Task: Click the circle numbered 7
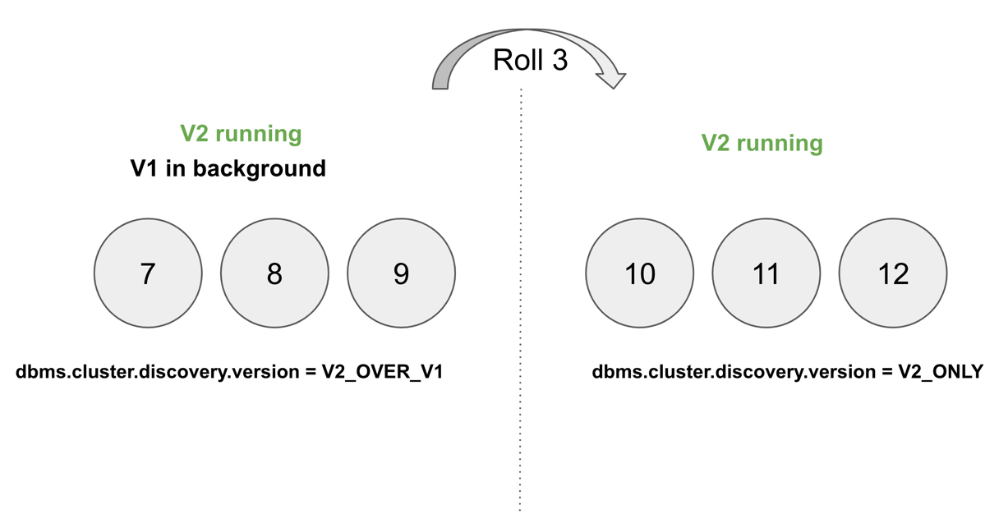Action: pos(148,273)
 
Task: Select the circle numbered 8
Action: pos(274,273)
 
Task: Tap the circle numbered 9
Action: pos(401,273)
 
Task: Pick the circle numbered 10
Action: pos(639,273)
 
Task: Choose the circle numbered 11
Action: pos(766,273)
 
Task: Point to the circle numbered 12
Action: pos(892,273)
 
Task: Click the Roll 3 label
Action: pos(530,60)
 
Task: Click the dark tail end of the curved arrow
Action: pos(440,80)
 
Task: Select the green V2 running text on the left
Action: pos(241,133)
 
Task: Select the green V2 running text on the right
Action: pos(762,143)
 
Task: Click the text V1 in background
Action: pos(228,168)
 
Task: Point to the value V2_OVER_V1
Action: pos(382,372)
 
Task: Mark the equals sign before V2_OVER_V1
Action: pos(311,372)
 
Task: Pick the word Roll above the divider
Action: pos(516,60)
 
